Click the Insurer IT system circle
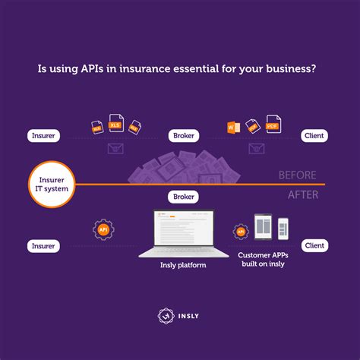click(x=52, y=184)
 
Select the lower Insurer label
click(x=44, y=246)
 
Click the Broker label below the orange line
click(x=184, y=197)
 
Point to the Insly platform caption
click(x=182, y=266)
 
